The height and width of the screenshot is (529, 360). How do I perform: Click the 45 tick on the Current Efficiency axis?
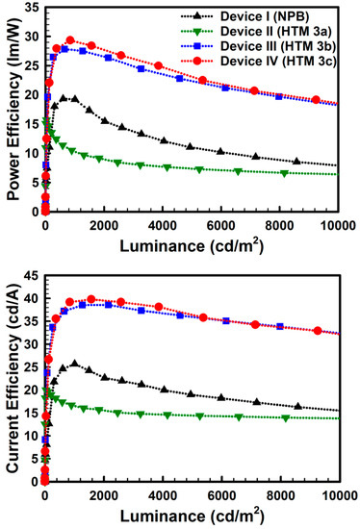pyautogui.click(x=31, y=275)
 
